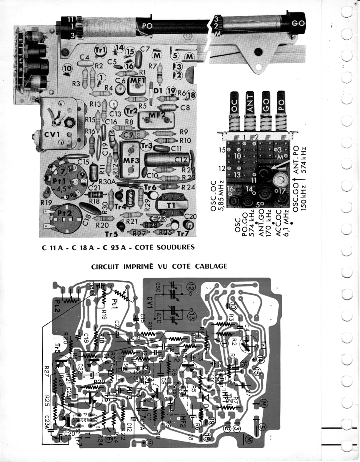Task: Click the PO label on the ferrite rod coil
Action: (x=147, y=26)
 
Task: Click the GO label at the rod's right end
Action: (x=298, y=23)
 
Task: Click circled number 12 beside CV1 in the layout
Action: (x=191, y=286)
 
